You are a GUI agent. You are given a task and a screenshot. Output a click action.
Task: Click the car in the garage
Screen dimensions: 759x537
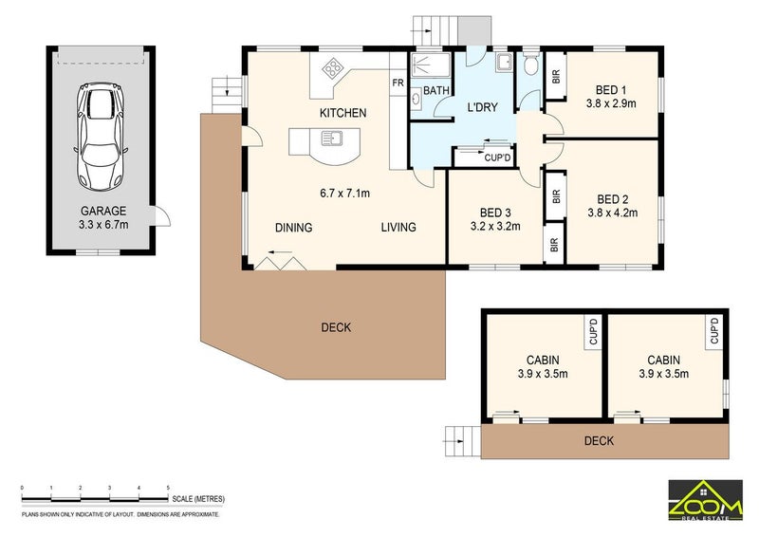[x=101, y=137]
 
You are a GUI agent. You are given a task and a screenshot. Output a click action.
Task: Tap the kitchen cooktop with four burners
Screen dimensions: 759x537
[x=333, y=68]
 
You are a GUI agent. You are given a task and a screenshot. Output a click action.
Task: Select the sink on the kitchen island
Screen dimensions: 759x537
[x=332, y=139]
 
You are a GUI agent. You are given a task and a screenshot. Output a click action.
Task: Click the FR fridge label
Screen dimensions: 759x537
[x=398, y=83]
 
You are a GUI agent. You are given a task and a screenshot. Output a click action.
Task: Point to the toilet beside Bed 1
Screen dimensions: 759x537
[x=531, y=64]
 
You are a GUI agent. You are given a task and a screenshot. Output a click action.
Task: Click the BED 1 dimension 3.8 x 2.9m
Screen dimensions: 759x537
[x=611, y=103]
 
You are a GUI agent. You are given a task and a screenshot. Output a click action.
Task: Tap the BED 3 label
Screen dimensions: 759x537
[x=495, y=213]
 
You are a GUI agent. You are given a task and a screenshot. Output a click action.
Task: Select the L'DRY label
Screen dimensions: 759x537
[x=482, y=107]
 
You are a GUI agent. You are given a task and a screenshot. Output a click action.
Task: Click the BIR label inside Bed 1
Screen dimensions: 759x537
[x=556, y=76]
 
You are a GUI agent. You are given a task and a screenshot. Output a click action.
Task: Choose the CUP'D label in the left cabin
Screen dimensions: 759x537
[x=594, y=331]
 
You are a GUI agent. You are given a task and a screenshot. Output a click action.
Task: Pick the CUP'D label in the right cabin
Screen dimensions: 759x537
[x=714, y=331]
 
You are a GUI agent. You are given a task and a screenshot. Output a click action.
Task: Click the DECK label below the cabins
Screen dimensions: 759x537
[x=599, y=440]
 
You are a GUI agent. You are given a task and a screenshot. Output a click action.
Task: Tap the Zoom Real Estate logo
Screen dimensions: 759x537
[x=705, y=500]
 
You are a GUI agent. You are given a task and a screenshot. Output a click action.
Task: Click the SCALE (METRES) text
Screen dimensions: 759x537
[x=198, y=499]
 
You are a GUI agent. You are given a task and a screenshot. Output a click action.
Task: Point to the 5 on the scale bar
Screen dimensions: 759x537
[x=168, y=488]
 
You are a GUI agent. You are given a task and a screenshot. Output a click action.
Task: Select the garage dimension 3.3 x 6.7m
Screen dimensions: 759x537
[x=103, y=225]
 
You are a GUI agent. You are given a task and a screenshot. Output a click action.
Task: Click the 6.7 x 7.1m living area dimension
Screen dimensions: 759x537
[x=344, y=194]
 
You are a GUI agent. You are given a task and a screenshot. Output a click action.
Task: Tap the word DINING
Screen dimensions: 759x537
[x=293, y=228]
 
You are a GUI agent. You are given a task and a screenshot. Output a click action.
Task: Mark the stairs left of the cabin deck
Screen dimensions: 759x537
[x=463, y=440]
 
